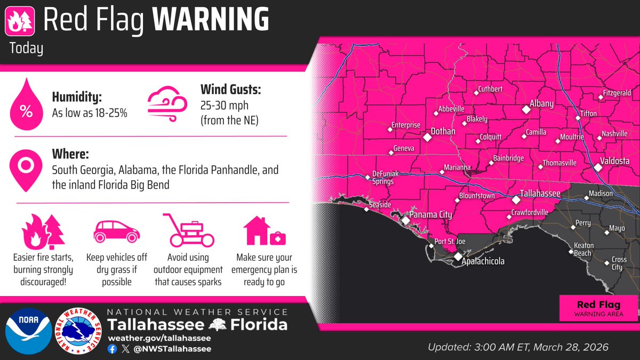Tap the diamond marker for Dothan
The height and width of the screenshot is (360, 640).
coord(427,137)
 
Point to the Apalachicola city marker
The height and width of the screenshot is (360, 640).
coord(458,257)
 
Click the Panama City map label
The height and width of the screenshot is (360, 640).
coord(430,215)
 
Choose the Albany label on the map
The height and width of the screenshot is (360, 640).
coord(541,103)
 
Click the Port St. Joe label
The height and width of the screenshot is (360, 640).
coord(450,242)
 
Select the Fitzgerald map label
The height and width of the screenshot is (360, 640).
coord(617,92)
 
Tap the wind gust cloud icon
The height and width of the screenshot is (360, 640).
coord(166,101)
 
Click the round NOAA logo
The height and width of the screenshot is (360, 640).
coord(27,331)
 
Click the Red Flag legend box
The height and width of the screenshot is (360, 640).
coord(598,308)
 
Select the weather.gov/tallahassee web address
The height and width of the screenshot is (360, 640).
coord(158,338)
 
